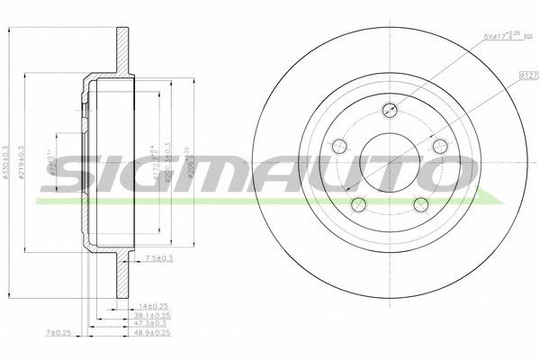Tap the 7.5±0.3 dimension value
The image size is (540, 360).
coord(158,259)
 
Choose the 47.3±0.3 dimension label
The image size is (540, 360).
coord(153,325)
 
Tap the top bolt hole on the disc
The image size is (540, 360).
coord(389,111)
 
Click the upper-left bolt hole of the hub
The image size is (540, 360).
coord(338,147)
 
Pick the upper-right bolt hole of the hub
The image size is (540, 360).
coord(439,147)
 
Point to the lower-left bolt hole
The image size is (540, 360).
coord(357,203)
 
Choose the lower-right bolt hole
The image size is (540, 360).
coord(419,204)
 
